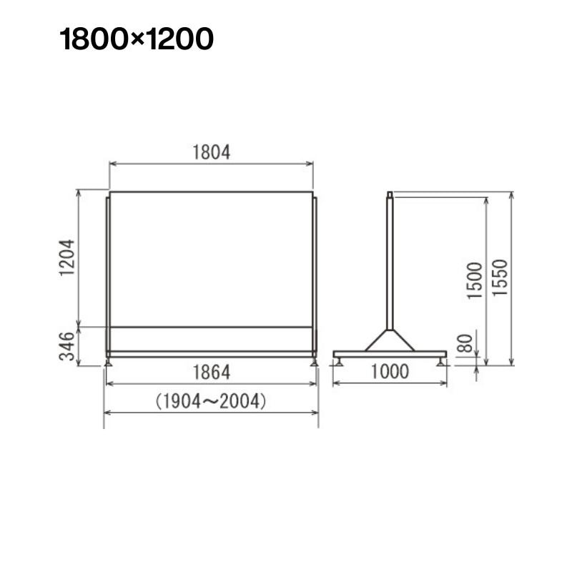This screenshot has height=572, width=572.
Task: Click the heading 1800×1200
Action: coord(137,39)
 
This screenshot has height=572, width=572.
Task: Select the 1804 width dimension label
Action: coord(211,152)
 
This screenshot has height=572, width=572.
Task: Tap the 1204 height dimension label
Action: coord(67,257)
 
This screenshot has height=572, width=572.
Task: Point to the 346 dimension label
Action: coord(67,346)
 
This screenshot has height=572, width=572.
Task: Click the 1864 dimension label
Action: coord(211,373)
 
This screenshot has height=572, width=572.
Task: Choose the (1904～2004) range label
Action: coord(211,401)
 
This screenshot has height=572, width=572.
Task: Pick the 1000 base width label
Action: coord(390,372)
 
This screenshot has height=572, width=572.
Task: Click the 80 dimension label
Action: coord(465,343)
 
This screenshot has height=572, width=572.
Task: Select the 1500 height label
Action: coord(475,280)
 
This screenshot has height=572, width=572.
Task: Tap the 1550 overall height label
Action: coord(500,277)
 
